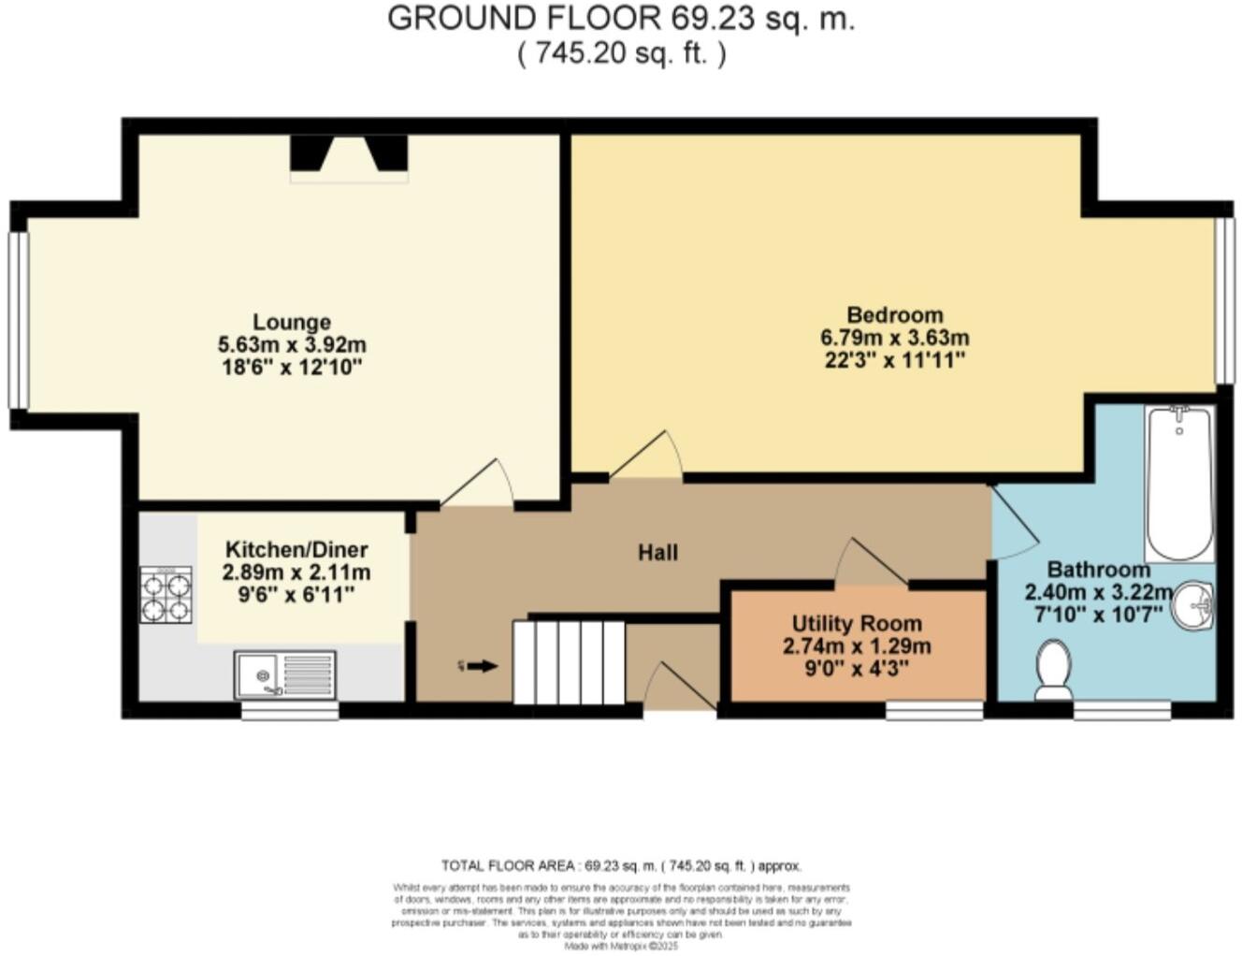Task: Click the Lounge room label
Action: pos(292,323)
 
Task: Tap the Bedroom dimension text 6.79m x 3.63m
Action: pos(894,338)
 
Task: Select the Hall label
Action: pos(657,553)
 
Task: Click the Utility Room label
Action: pos(857,624)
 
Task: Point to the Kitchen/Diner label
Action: pos(296,550)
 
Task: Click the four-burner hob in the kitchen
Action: pos(166,595)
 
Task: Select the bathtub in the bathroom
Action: pos(1179,483)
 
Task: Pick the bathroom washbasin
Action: pos(1193,606)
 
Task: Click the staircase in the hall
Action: pos(569,662)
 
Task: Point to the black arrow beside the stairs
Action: pos(482,666)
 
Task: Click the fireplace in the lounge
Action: pos(349,156)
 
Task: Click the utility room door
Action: pos(871,563)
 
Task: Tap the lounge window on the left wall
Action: pos(18,320)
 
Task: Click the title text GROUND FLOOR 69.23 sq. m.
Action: pos(621,19)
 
